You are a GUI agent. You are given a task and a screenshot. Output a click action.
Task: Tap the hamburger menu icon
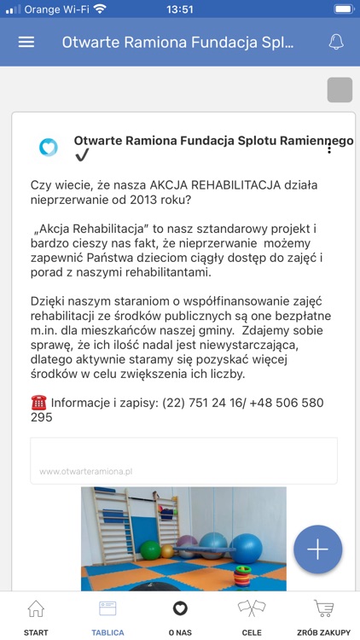point(26,43)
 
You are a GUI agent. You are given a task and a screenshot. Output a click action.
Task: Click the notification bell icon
point(336,43)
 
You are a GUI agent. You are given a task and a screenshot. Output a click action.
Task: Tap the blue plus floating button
point(317,550)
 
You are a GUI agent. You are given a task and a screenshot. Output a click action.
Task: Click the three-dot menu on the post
point(329,147)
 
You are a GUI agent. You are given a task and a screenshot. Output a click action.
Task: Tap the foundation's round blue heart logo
point(49,147)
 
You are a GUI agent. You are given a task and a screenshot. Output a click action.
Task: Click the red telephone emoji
point(38,403)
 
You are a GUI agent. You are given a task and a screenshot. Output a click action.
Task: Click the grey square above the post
point(340,90)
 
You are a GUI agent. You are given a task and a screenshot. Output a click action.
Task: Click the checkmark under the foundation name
point(82,155)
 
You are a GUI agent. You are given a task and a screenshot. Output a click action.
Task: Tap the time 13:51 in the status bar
point(180,9)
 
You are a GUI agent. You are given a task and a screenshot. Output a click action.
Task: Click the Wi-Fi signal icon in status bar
point(100,9)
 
